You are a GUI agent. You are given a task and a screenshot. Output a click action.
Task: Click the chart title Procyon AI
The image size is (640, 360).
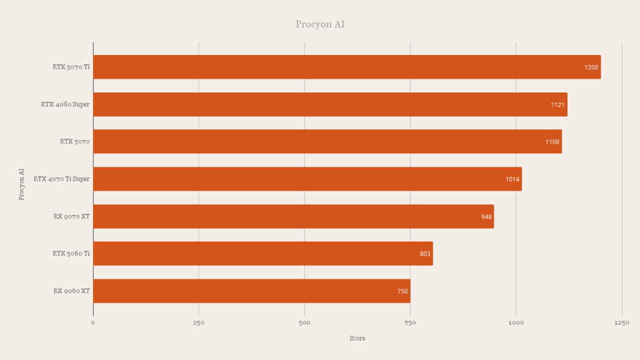point(320,24)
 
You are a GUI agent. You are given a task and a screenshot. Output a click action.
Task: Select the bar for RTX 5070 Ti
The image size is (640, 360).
point(347,67)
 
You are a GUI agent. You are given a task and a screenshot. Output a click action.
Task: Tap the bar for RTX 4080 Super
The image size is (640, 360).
point(330,104)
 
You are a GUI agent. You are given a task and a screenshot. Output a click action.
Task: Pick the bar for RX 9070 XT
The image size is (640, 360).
point(293,216)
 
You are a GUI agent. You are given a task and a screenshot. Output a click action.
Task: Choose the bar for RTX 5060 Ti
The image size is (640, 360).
point(262,254)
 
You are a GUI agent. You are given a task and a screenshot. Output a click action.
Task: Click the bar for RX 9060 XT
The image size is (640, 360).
point(251,291)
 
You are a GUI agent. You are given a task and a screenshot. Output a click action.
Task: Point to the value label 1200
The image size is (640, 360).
point(591,67)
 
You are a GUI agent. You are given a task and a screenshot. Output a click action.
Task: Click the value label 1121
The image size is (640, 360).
point(557,105)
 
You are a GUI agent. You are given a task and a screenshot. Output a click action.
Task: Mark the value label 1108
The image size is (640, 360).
point(552,142)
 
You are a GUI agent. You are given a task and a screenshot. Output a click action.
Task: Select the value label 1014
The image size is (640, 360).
point(512,179)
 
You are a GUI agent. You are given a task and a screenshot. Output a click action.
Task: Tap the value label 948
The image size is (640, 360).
point(486,217)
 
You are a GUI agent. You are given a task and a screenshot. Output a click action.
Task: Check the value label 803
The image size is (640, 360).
point(425,254)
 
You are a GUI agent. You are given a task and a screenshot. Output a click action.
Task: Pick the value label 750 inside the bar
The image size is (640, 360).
point(402,291)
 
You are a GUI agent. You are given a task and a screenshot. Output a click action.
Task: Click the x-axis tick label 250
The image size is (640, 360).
point(199,323)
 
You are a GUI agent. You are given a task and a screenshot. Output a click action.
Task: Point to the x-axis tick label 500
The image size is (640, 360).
point(304,323)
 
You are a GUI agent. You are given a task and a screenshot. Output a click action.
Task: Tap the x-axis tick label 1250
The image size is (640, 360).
point(622,323)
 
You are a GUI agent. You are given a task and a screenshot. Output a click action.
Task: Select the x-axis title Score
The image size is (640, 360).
point(357,339)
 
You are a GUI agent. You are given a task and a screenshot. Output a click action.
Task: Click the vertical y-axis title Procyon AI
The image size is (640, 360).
point(21,184)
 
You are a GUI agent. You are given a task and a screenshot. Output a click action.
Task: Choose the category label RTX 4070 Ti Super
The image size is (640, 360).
point(61,179)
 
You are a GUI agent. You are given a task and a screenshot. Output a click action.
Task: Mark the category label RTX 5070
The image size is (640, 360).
point(75,142)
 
